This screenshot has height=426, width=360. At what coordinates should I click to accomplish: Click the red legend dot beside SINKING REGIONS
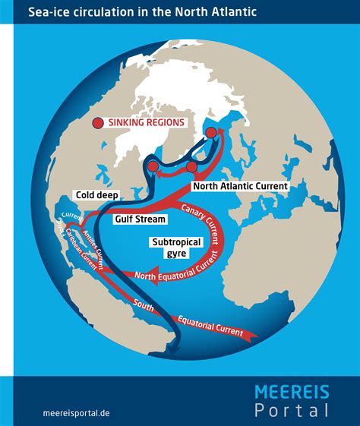[97, 123]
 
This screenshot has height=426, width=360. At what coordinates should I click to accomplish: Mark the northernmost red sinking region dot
[211, 133]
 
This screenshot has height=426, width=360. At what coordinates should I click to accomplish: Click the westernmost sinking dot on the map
[152, 166]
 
